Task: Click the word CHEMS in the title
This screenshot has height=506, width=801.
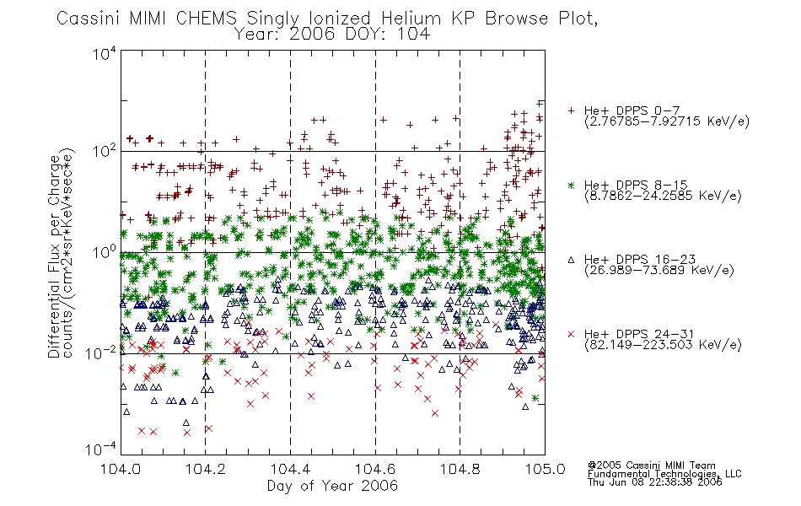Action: [207, 19]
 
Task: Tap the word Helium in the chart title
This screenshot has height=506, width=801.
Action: [411, 19]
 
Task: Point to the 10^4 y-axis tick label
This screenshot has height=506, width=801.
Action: [105, 53]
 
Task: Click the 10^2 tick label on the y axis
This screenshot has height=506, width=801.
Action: [105, 151]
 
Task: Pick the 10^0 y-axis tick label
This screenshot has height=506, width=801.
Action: [105, 252]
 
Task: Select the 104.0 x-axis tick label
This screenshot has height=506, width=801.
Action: [121, 469]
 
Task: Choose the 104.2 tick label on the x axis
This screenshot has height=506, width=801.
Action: [206, 469]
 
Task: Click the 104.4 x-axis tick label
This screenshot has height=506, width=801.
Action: [290, 469]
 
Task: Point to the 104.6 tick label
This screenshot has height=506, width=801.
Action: [375, 469]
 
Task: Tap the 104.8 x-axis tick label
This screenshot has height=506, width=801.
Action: [460, 469]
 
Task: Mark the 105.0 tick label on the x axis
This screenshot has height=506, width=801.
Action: [545, 469]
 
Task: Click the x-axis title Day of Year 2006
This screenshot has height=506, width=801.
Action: [332, 486]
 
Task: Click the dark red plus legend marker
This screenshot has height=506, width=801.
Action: [571, 110]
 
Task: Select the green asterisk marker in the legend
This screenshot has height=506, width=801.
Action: [571, 185]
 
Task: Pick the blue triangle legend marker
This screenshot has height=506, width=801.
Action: [571, 260]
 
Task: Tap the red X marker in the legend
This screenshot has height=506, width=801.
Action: [571, 334]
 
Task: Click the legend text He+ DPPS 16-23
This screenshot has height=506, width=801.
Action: [640, 260]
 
